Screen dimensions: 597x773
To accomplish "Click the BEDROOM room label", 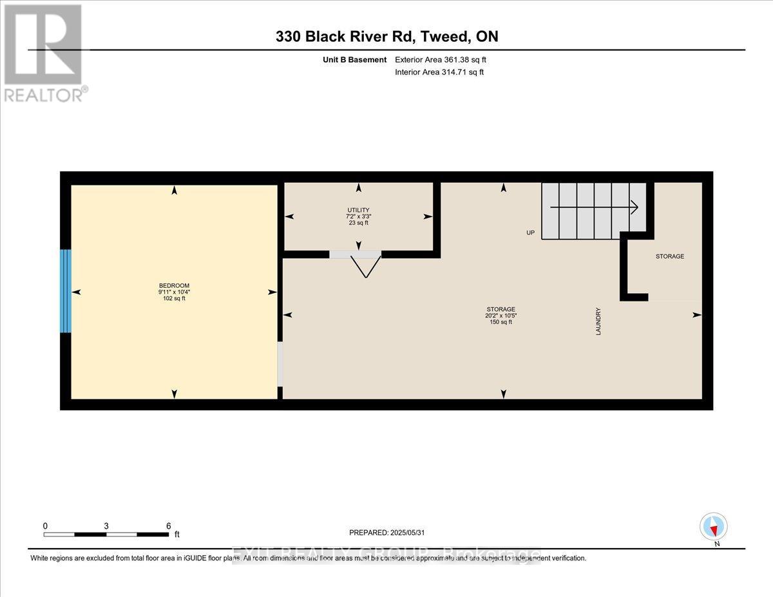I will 174,285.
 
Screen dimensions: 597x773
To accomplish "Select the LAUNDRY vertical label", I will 598,323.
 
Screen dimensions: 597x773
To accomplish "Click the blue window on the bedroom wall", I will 65,291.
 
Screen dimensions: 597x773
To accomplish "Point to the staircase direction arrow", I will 594,207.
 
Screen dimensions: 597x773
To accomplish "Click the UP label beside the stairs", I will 530,232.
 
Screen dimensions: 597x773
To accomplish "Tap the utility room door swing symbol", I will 365,265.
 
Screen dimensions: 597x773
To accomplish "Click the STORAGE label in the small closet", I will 669,256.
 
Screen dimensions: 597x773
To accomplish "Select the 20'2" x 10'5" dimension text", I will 501,316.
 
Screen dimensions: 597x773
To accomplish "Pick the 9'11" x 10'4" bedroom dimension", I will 174,292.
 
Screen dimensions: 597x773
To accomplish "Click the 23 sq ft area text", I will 358,223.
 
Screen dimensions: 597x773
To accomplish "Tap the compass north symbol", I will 714,527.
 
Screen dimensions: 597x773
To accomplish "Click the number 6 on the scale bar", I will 169,526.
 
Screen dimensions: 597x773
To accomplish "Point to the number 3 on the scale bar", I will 106,526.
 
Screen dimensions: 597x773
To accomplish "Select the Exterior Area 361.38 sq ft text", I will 440,60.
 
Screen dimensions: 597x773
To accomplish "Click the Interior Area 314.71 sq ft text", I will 439,72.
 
